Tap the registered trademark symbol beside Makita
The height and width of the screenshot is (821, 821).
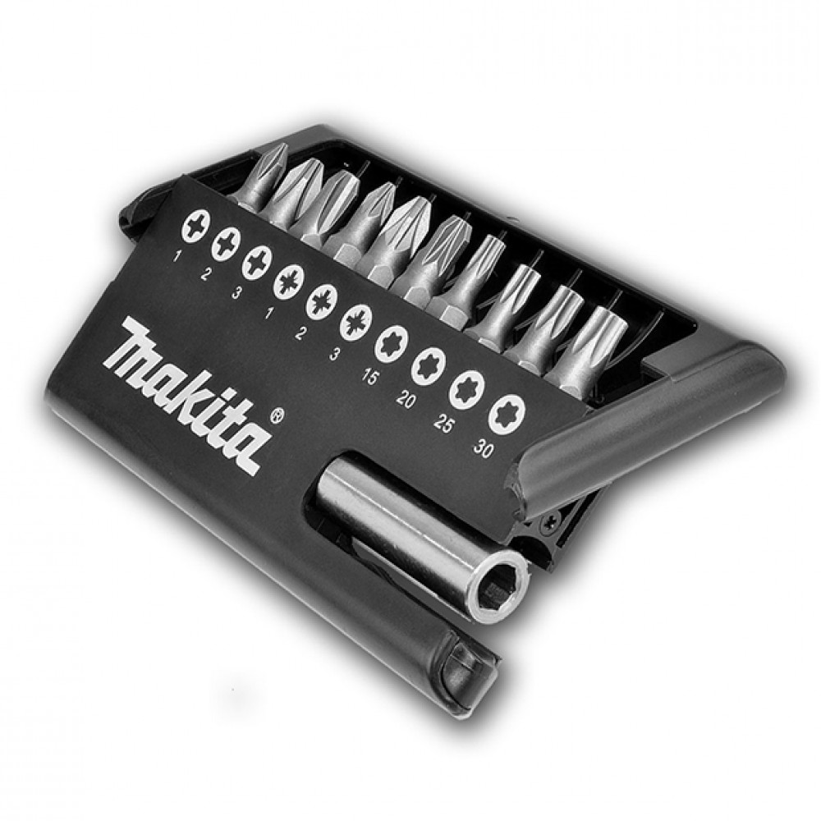coord(279,415)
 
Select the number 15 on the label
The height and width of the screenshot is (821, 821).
coord(369,375)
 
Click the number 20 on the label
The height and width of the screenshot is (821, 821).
coord(406,400)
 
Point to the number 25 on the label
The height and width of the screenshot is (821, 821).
coord(443,424)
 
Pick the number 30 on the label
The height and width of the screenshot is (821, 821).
coord(483,448)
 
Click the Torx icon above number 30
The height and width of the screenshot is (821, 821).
coord(507,414)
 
